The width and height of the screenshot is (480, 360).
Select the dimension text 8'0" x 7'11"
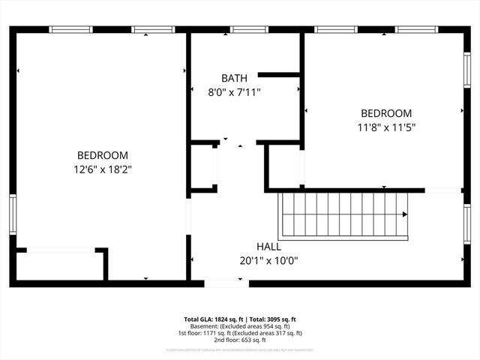pos(235,92)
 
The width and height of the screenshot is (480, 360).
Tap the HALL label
pos(268,247)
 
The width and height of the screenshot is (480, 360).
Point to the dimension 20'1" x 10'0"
pos(268,261)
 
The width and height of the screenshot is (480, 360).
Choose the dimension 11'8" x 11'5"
pos(386,127)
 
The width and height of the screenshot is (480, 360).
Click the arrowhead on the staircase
pos(404,214)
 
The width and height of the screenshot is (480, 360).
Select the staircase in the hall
pos(345,214)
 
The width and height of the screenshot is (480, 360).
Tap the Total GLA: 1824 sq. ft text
pos(214,319)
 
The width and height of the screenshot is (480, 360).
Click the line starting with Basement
pos(240,325)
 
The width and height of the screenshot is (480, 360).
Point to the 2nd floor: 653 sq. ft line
pos(240,339)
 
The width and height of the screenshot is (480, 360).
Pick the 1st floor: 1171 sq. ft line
pos(240,332)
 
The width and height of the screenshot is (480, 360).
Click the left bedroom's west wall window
pos(13,214)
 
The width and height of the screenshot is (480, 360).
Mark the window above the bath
pos(249,30)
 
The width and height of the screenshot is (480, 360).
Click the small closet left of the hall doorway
pos(202,166)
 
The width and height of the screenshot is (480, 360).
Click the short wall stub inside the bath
pos(279,74)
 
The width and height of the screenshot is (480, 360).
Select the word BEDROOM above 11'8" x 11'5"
pos(386,113)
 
